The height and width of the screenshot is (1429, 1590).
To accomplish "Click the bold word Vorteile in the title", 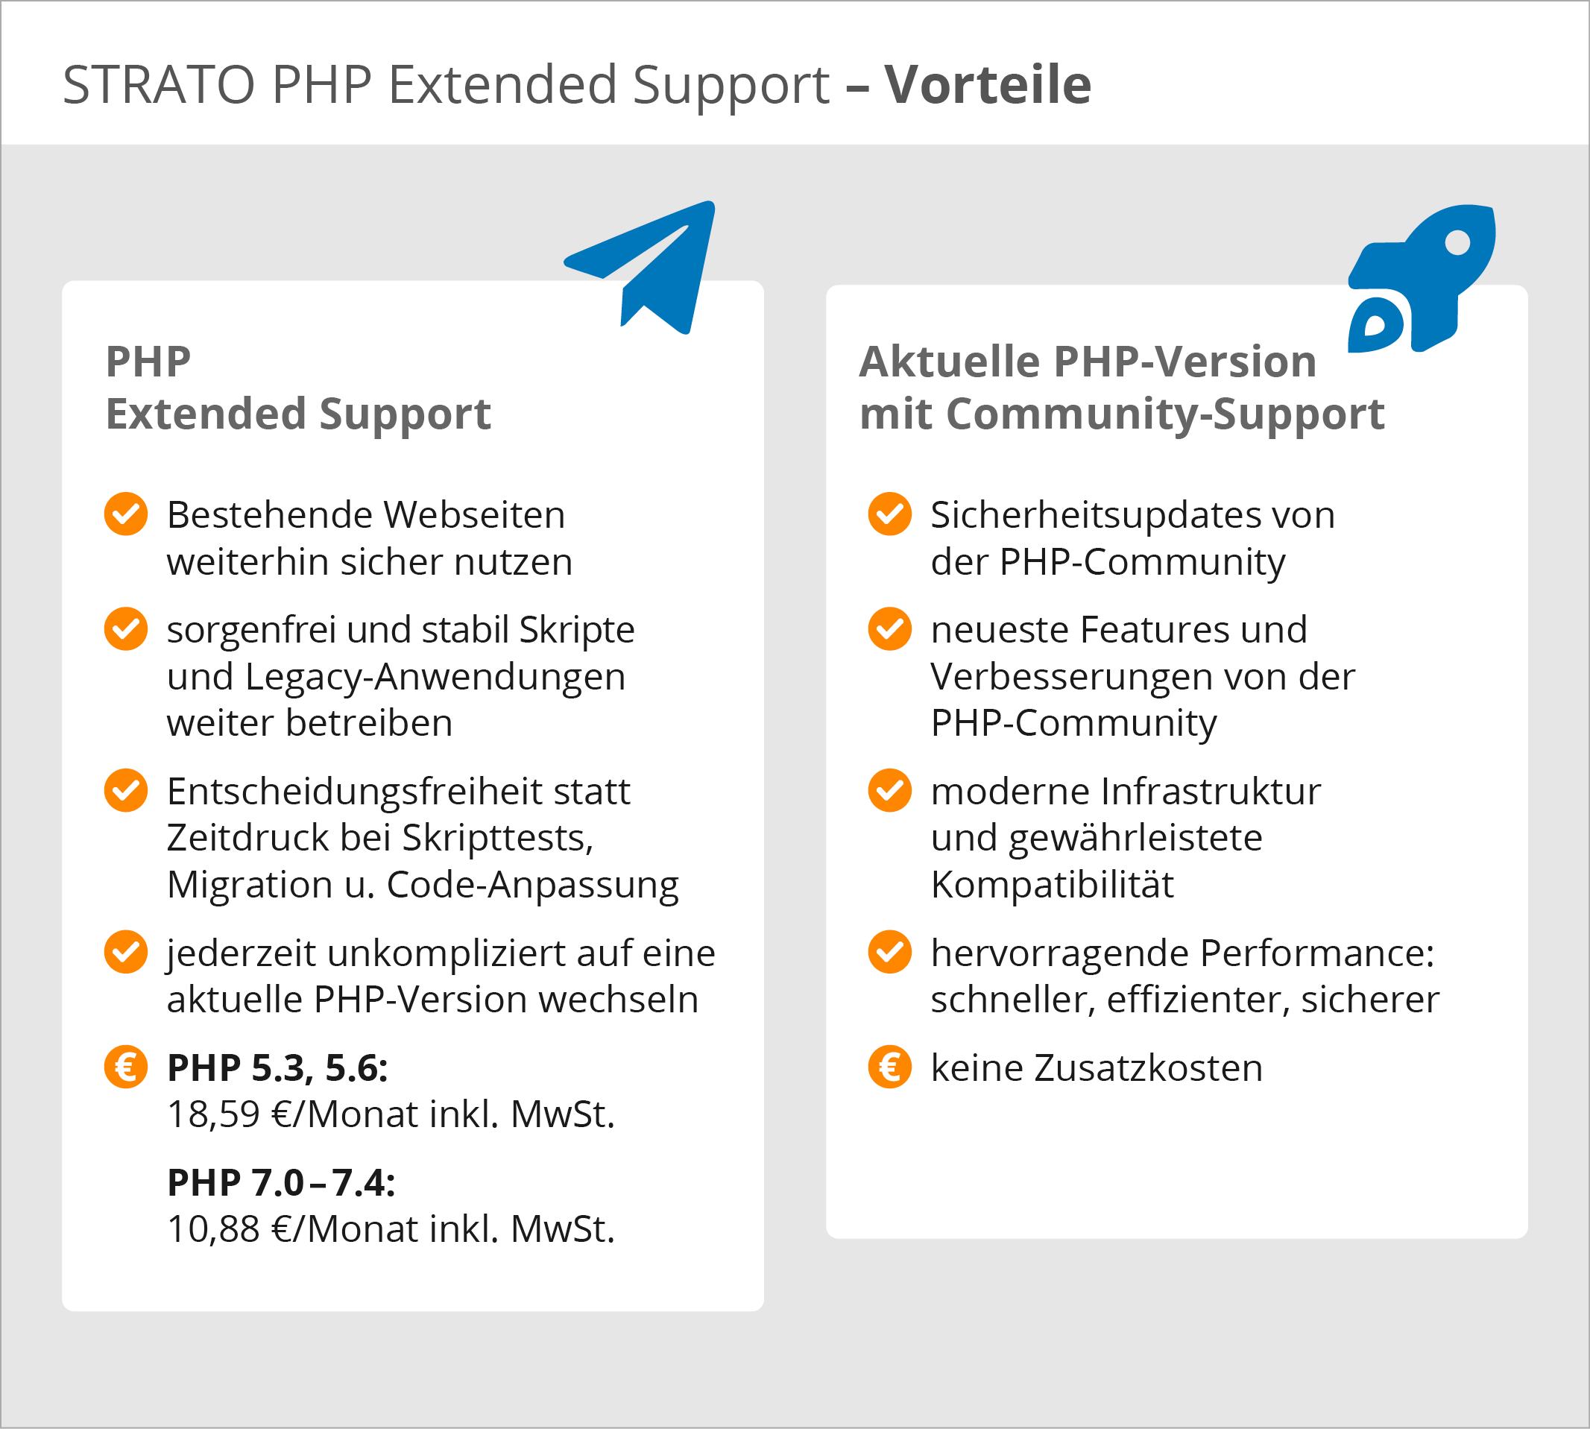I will click(x=988, y=85).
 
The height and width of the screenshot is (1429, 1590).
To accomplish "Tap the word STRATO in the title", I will click(x=159, y=85).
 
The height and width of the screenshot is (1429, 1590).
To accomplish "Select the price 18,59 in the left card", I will click(x=212, y=1114).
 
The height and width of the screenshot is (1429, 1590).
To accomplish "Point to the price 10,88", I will click(x=212, y=1228).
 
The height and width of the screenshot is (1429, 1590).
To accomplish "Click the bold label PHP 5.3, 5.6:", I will click(x=277, y=1067).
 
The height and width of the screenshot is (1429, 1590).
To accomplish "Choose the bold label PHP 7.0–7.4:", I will click(x=281, y=1182).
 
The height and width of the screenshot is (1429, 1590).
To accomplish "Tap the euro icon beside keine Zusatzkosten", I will click(x=889, y=1067).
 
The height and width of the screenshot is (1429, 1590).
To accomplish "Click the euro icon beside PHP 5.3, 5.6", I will click(x=126, y=1067).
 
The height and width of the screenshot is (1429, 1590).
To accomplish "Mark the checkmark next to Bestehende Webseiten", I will click(x=126, y=514).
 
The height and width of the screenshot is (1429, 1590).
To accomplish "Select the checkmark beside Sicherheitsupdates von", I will click(x=889, y=514).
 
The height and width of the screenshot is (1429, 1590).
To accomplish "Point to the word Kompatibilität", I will click(x=1052, y=885).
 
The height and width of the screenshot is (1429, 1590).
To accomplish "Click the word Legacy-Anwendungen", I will click(x=435, y=677).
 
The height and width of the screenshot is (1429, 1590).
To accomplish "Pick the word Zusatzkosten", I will click(x=1148, y=1067).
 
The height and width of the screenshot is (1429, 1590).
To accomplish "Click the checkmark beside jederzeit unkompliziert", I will click(x=126, y=952).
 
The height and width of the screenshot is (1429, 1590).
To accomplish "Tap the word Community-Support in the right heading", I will click(x=1165, y=414).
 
